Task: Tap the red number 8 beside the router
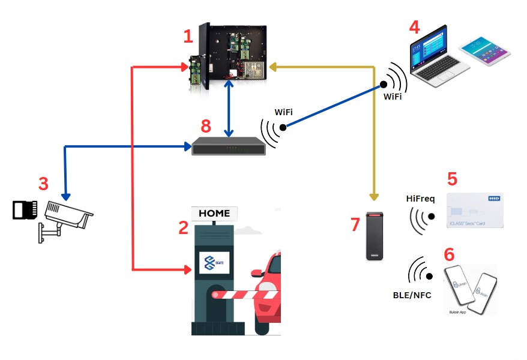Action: tap(206, 126)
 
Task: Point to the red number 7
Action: tap(355, 224)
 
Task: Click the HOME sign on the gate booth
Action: tap(214, 213)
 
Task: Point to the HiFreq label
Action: tap(420, 197)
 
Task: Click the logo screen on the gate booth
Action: tap(214, 264)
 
